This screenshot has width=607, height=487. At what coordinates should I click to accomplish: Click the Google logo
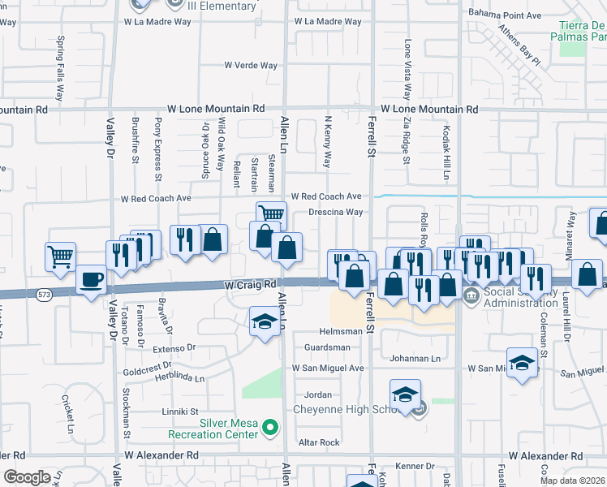[x=27, y=477]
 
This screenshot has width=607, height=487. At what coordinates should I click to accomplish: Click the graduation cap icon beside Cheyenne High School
[x=405, y=394]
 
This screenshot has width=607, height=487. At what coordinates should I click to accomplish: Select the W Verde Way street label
[x=251, y=66]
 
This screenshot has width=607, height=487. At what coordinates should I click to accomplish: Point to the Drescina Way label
[x=335, y=212]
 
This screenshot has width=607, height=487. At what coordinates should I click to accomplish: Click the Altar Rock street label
[x=319, y=442]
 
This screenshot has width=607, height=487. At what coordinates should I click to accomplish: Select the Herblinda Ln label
[x=175, y=378]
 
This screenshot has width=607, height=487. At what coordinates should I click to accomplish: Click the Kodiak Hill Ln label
[x=446, y=153]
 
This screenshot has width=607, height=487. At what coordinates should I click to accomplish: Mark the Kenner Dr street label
[x=415, y=466]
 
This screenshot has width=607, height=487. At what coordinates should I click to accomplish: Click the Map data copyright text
[x=572, y=481]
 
